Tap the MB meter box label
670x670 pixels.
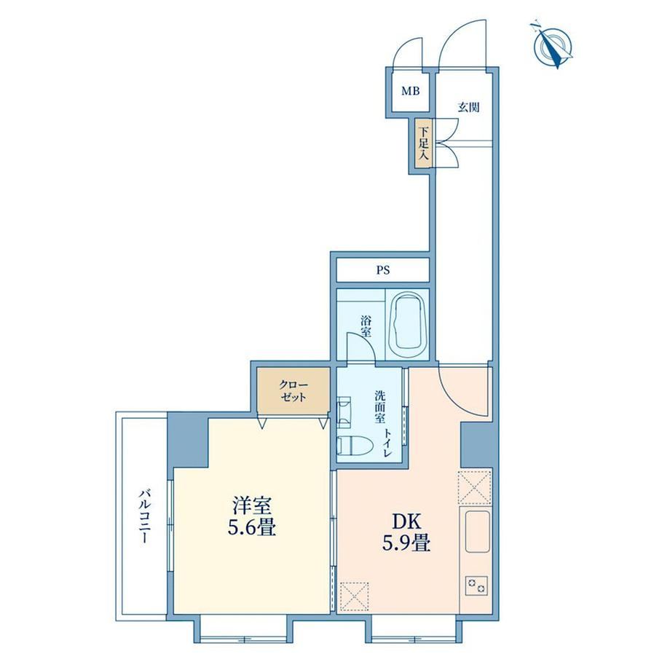410,91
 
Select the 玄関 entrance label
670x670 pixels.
469,107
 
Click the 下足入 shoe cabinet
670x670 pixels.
424,143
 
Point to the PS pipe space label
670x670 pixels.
383,270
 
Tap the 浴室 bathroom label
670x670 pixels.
366,327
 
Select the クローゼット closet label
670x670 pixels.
293,391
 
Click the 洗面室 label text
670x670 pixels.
379,406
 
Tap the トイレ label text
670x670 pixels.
387,443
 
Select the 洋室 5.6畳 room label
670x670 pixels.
252,516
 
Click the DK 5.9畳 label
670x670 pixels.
406,532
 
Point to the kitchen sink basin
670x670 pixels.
477,532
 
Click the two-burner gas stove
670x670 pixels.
476,585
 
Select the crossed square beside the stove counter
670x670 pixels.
475,487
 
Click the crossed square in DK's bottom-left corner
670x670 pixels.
354,596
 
